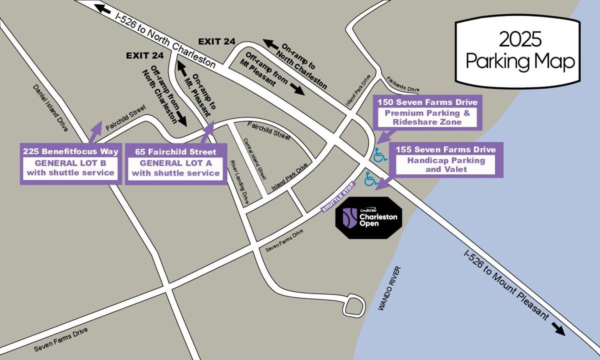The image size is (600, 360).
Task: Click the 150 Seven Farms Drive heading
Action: click(x=427, y=102)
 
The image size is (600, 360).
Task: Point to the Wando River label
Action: click(x=389, y=290)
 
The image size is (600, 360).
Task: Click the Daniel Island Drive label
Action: click(x=50, y=107)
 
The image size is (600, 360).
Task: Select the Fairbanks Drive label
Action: click(x=403, y=84)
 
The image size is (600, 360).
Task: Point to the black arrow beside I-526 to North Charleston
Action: click(x=103, y=9)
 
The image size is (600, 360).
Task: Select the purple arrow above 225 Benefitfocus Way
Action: click(x=93, y=133)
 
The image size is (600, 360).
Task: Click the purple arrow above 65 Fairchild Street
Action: click(x=208, y=133)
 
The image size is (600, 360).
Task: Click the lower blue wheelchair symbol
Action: click(x=371, y=178)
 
